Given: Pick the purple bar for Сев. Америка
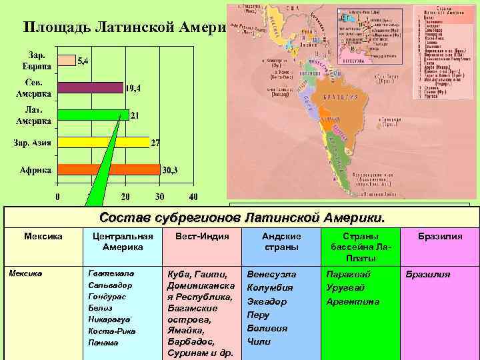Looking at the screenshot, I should point(91,87).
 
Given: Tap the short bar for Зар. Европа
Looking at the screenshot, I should point(67,61).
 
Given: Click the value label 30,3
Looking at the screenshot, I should point(171,170).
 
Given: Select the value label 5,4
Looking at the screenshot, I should point(85,61).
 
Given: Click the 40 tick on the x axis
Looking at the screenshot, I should point(193,197).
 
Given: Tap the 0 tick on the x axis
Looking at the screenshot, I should point(57,197).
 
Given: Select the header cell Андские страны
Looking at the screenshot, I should point(281,241).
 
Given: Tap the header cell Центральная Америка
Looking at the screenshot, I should point(121,241).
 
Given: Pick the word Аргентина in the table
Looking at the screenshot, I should point(353,301).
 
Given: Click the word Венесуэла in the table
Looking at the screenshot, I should point(271,274).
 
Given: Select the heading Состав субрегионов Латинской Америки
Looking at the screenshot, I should point(242,218).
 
